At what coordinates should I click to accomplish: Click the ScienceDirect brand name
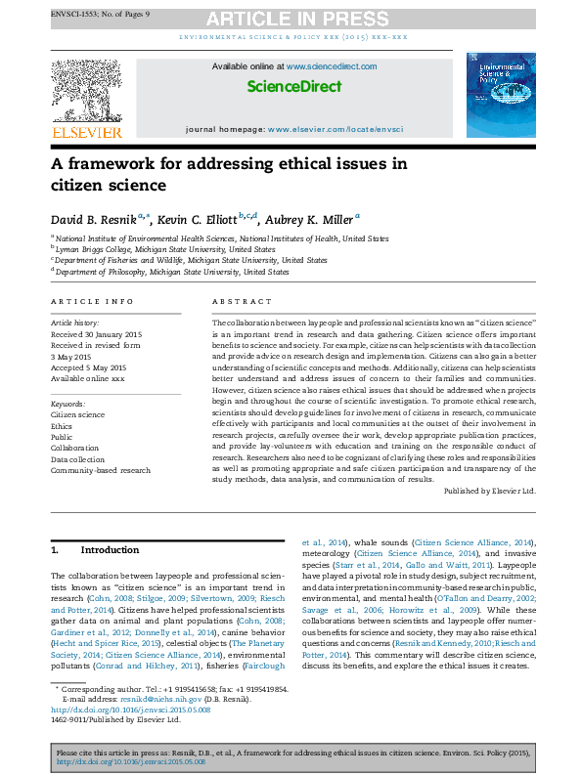pos(294,86)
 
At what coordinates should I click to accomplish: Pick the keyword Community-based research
pos(101,470)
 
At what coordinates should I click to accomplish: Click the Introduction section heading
pos(110,550)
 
